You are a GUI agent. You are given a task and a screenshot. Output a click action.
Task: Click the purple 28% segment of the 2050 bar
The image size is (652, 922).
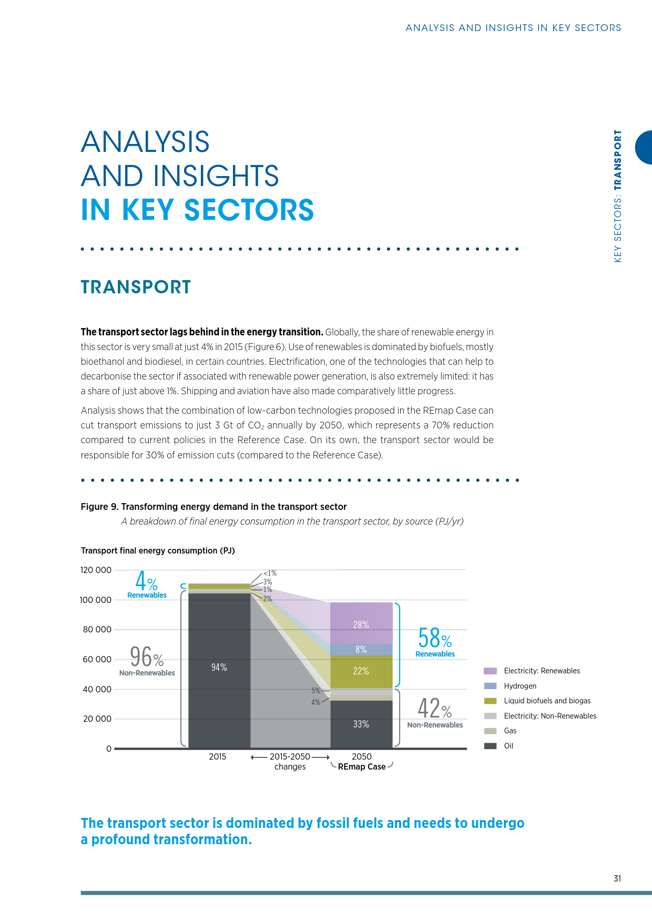(x=361, y=623)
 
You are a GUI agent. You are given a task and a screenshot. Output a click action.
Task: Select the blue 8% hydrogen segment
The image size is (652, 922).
(x=361, y=650)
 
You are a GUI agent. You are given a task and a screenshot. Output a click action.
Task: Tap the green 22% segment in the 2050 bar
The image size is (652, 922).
(x=361, y=671)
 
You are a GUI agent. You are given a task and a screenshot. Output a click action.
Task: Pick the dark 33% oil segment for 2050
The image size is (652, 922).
(x=361, y=724)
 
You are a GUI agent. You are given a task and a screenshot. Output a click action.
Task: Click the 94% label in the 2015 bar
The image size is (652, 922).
(x=219, y=668)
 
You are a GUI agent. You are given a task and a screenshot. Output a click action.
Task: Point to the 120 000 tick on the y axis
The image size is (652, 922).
(x=96, y=570)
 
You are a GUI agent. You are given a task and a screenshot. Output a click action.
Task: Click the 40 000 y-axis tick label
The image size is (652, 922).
(x=96, y=689)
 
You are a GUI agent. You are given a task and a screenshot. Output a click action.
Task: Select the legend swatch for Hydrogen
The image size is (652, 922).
(x=490, y=686)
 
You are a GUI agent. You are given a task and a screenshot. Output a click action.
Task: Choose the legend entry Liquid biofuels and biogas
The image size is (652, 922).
(x=547, y=701)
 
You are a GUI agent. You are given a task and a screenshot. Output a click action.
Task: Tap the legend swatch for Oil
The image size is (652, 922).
(x=490, y=746)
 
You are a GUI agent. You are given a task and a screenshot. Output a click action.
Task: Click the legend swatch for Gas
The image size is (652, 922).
(x=490, y=731)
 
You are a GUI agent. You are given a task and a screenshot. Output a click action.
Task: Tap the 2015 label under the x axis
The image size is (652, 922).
(x=217, y=757)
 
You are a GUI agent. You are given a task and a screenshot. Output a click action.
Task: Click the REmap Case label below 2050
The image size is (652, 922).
(x=362, y=767)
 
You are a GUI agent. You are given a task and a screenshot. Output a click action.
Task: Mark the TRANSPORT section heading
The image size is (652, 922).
(x=136, y=287)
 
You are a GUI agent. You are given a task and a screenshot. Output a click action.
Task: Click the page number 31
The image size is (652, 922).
(x=617, y=878)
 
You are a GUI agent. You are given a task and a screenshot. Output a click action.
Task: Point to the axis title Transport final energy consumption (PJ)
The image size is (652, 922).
(x=158, y=551)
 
